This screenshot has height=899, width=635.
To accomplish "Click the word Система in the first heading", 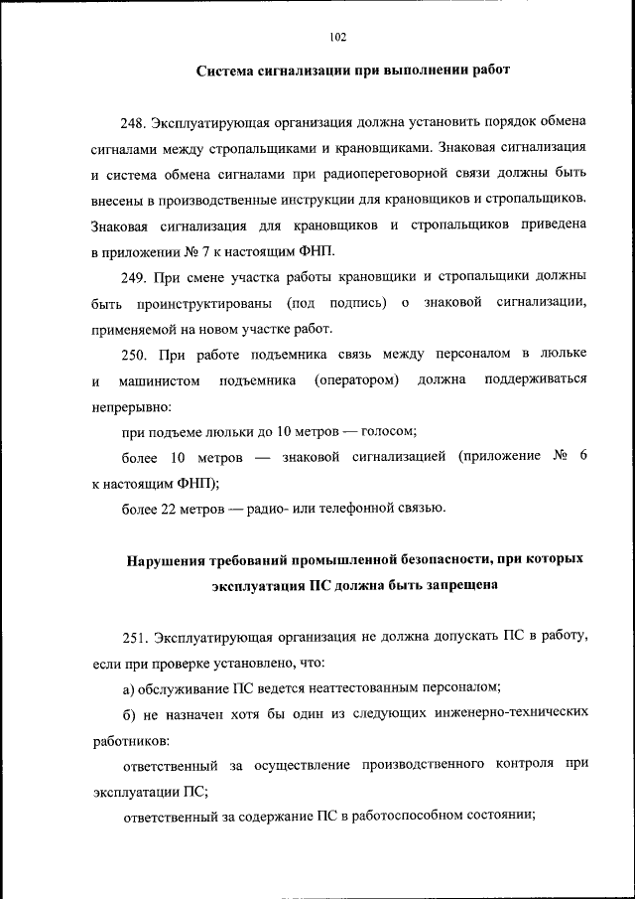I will coord(230,71).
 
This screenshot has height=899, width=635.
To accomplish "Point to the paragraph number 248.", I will coord(135,122).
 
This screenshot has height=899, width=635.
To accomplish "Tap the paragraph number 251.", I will coord(135,636).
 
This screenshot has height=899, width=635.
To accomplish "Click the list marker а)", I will coord(129,687).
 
